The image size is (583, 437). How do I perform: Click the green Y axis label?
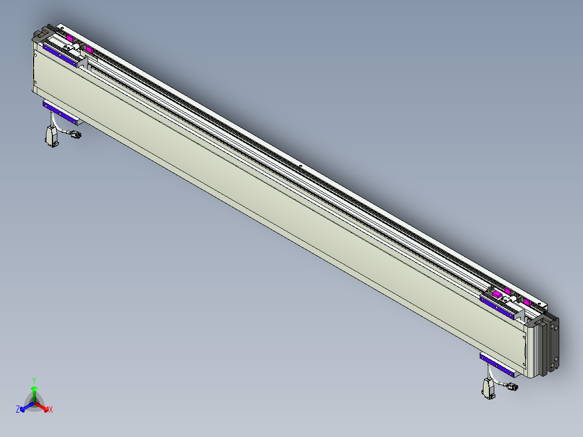(x=34, y=380)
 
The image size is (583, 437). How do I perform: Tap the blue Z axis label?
(x=18, y=409)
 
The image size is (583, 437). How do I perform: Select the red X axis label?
(x=51, y=409)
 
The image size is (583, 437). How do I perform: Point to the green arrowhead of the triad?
(x=34, y=389)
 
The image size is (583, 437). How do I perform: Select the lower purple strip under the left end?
(x=59, y=111)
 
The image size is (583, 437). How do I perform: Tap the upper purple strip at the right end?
(x=497, y=307)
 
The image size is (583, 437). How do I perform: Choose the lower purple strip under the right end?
(x=497, y=365)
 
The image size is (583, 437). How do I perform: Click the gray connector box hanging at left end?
(x=51, y=135)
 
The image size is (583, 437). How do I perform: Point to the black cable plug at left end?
(x=75, y=135)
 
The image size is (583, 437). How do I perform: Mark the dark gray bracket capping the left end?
(x=39, y=35)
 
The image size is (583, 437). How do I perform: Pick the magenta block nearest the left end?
(x=69, y=38)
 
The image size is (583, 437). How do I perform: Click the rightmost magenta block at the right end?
(x=526, y=301)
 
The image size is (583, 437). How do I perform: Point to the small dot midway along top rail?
(x=301, y=165)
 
